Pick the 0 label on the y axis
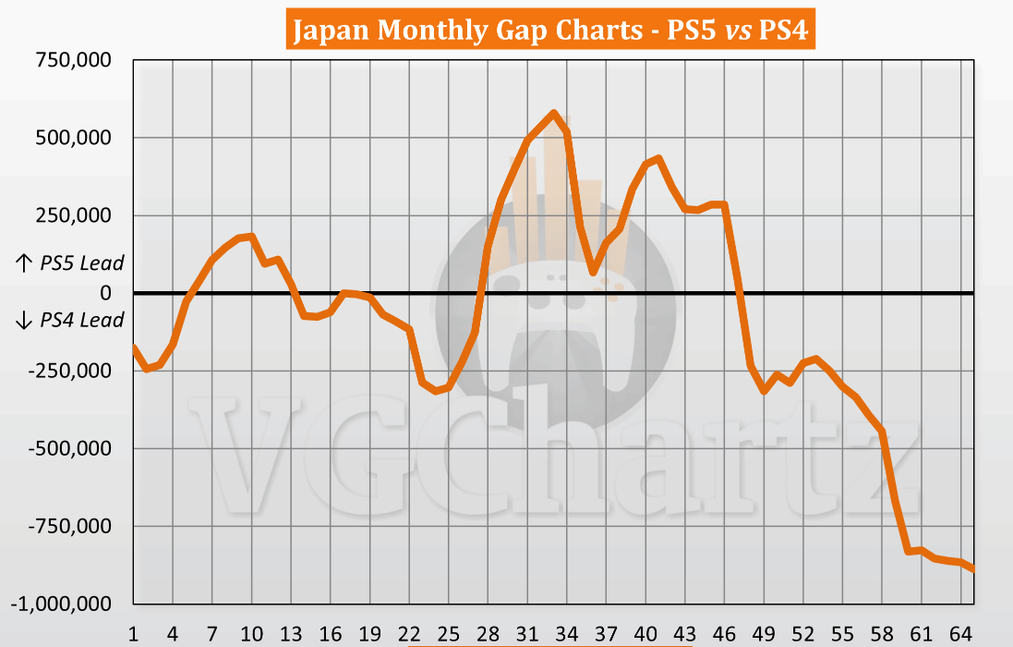[106, 293]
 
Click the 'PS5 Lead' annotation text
[81, 263]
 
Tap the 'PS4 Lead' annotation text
[81, 321]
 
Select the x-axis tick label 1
[135, 634]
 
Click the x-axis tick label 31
[527, 634]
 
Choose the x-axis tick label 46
[724, 634]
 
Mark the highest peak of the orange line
[553, 113]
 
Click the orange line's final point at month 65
[972, 568]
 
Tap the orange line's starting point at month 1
[135, 348]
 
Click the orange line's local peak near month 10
[252, 237]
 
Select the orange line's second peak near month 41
[658, 158]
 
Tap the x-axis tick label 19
[370, 634]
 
